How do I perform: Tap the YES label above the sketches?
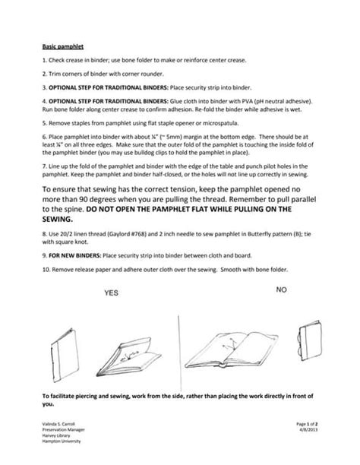pos(112,292)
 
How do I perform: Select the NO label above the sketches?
pos(281,289)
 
